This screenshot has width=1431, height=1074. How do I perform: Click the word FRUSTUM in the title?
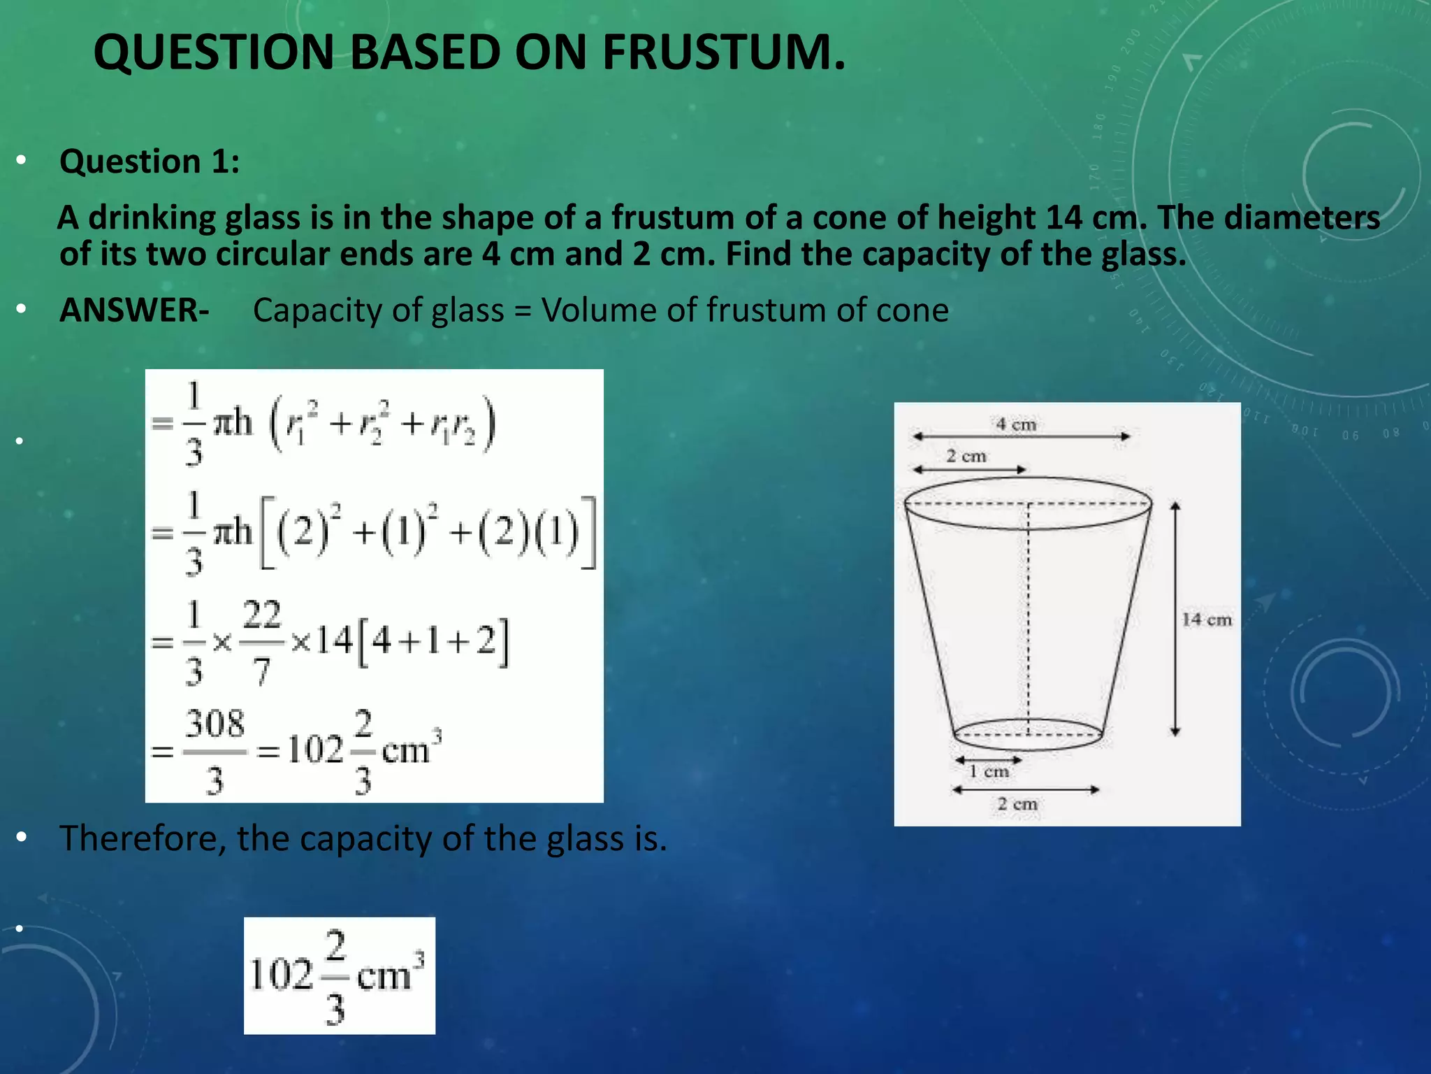723,52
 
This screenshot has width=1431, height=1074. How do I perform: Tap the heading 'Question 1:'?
150,162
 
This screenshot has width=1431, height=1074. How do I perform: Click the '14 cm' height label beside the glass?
1206,620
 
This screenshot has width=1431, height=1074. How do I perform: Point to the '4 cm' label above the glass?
1016,424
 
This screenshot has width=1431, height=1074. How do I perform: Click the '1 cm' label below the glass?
989,771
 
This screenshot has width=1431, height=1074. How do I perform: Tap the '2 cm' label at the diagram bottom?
1017,804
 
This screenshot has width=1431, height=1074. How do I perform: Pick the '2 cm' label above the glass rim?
966,456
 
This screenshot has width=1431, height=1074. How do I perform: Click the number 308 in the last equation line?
215,724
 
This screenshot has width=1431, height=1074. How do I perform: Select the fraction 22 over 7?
262,642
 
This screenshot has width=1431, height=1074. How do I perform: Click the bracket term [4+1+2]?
433,641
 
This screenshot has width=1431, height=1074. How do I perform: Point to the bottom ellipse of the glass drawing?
1028,735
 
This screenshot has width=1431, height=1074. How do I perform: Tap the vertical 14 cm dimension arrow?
1175,619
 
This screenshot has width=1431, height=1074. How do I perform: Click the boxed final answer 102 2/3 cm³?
339,975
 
